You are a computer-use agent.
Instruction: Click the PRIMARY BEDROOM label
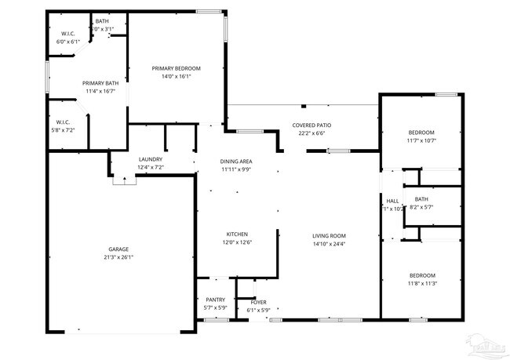pos(177,68)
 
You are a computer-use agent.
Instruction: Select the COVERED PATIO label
pos(311,125)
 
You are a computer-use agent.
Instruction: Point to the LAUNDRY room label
pos(150,159)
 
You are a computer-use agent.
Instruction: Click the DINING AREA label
pos(236,162)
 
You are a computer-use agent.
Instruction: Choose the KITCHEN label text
pos(238,234)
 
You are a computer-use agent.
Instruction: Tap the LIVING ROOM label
pos(329,235)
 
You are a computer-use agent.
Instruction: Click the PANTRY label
pos(215,300)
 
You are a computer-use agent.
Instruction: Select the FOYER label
pos(259,302)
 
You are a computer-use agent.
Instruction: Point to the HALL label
pos(392,201)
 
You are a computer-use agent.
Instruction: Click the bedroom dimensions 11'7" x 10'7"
pos(421,140)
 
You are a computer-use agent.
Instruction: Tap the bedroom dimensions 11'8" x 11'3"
pos(421,284)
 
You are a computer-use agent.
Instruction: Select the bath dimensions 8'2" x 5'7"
pos(421,207)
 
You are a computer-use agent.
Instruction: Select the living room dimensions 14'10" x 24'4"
pos(329,243)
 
